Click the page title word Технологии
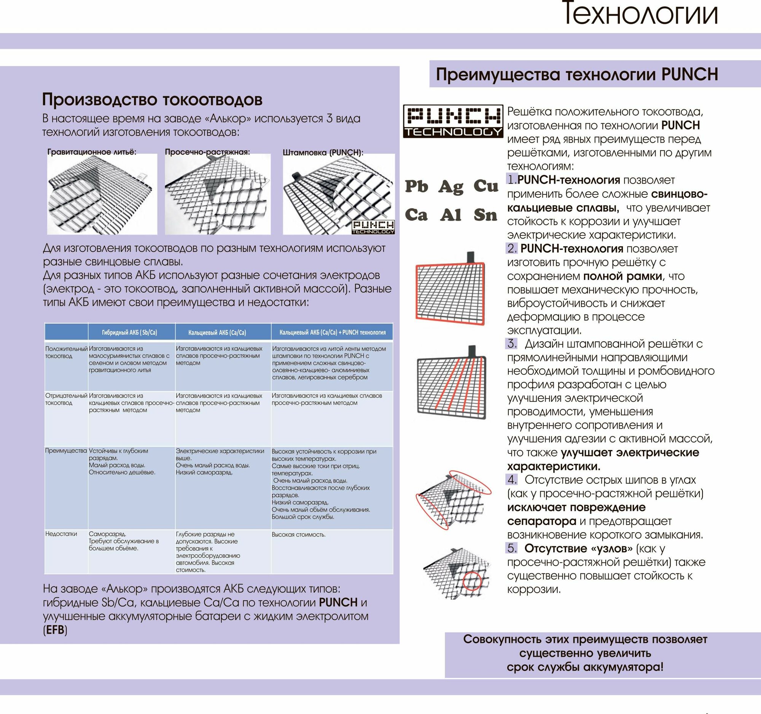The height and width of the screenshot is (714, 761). click(x=640, y=14)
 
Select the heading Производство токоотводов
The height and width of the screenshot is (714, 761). click(x=152, y=100)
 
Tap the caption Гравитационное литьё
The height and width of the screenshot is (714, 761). click(x=91, y=152)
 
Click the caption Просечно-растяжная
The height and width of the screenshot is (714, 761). click(x=207, y=152)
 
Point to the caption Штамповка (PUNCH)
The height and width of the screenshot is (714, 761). click(x=323, y=152)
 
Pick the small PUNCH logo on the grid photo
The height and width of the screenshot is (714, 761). click(x=373, y=226)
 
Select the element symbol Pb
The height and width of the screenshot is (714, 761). click(x=417, y=186)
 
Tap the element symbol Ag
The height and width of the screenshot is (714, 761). click(x=451, y=187)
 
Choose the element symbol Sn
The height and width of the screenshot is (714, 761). click(x=486, y=215)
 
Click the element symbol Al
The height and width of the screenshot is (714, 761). click(x=451, y=215)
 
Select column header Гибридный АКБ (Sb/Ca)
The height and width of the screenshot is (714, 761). click(x=129, y=332)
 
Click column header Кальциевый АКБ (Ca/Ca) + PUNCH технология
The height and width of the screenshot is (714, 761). click(x=332, y=332)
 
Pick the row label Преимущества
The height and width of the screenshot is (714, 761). click(x=66, y=451)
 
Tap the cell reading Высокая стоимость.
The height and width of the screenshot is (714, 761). click(x=299, y=534)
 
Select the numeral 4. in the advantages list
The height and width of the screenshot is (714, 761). click(x=512, y=480)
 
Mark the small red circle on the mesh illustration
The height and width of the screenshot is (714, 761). click(x=472, y=581)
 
